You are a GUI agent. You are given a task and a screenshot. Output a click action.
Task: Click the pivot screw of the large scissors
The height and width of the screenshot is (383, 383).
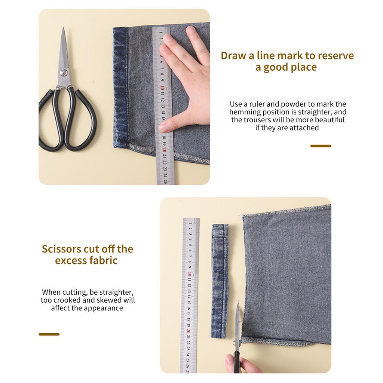click(x=64, y=72)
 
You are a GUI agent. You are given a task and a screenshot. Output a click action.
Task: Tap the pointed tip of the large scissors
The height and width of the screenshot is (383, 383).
click(x=64, y=27)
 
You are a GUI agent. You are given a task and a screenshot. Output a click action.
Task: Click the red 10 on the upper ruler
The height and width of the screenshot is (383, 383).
click(x=162, y=88)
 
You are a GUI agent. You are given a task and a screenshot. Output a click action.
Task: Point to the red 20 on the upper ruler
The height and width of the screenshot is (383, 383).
click(x=165, y=150)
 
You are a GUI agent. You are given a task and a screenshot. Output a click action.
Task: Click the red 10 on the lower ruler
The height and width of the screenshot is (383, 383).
click(x=189, y=274)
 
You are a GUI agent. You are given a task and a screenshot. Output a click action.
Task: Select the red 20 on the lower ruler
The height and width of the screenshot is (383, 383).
click(x=189, y=331)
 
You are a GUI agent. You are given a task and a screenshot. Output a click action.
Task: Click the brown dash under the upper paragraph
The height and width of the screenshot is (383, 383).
click(x=321, y=146)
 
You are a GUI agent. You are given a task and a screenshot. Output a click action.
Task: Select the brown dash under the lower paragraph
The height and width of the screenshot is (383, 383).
click(x=49, y=334)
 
